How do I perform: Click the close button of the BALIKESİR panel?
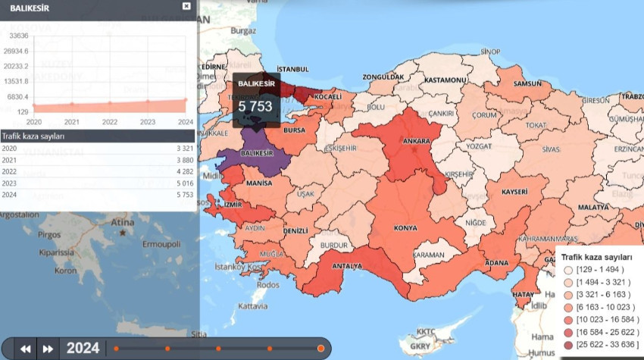(186, 6)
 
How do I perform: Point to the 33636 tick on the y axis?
(16, 36)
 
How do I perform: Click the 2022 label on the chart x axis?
(110, 121)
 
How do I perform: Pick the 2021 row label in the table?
(9, 161)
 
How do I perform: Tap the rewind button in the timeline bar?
(26, 349)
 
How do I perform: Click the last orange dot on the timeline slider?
(320, 349)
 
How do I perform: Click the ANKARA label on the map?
(417, 141)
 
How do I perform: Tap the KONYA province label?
(406, 227)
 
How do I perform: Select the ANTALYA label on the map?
(348, 265)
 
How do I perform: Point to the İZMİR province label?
(233, 205)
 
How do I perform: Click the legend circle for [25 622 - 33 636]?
(568, 345)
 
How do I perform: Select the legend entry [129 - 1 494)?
(599, 271)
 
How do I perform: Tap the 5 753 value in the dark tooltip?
(255, 107)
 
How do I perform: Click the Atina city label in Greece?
(122, 223)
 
